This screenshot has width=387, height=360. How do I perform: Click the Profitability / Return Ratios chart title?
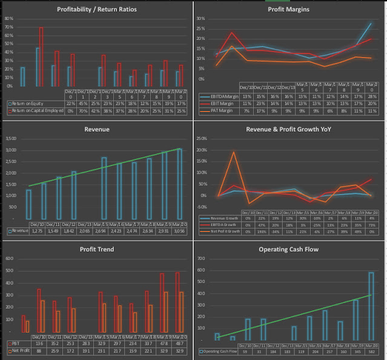point(96,10)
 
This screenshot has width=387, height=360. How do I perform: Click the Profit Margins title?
point(289,10)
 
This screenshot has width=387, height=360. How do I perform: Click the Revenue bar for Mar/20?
point(179,184)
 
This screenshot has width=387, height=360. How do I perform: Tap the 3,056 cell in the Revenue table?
point(179,231)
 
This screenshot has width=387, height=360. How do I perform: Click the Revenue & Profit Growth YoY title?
point(289,129)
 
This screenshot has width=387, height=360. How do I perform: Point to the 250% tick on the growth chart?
point(203,139)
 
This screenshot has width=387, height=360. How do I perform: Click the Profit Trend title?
point(96,249)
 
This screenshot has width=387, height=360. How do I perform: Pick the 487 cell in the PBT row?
point(179,343)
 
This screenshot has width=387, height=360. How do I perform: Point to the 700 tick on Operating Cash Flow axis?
point(203,259)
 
